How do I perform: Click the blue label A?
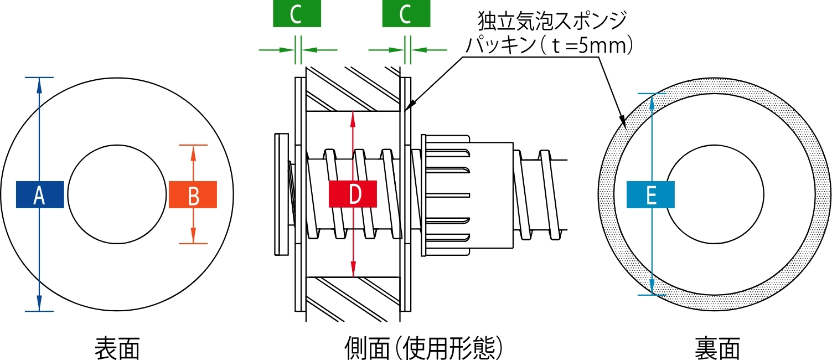click(40, 194)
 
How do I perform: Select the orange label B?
click(193, 194)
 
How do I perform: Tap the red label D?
click(353, 194)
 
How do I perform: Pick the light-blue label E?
click(650, 194)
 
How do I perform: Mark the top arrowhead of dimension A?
click(39, 83)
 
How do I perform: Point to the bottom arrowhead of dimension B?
click(193, 238)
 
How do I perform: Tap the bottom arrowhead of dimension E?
click(652, 289)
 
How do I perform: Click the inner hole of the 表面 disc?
click(117, 194)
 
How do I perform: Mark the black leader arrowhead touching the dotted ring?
click(622, 121)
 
